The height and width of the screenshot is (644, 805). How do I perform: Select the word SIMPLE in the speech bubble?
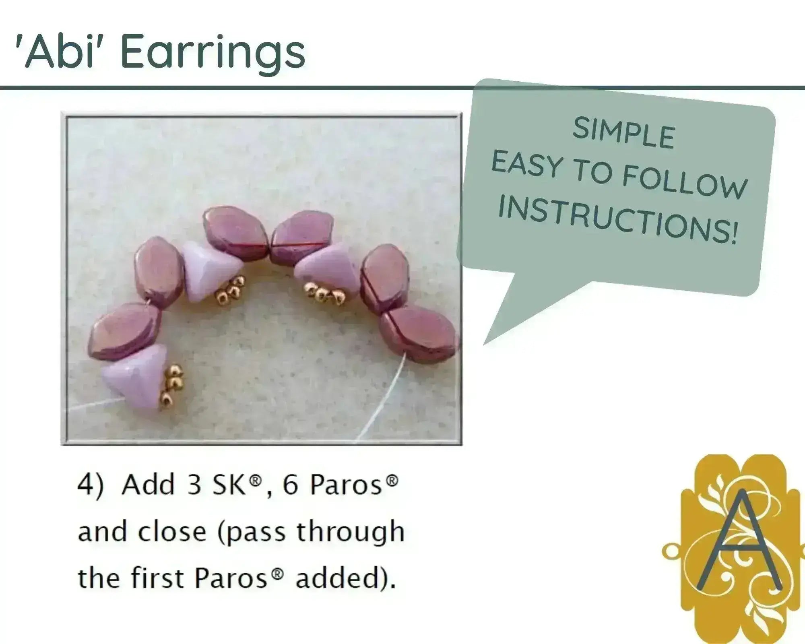tap(623, 133)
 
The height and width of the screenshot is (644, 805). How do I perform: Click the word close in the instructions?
tap(172, 531)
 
